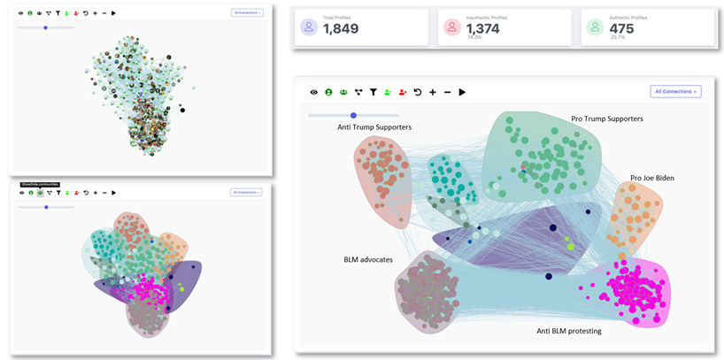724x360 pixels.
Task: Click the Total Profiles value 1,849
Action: [340, 29]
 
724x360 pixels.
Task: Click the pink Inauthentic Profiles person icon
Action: [452, 27]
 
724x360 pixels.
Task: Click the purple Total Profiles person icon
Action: [309, 27]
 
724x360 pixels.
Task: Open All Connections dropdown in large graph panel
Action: [675, 91]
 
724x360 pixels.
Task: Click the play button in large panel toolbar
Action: [462, 92]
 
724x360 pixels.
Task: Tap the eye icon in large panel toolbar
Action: [313, 92]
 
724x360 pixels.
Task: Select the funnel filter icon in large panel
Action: [373, 92]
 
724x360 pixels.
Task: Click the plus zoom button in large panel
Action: [432, 92]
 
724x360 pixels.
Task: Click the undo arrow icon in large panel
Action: [418, 92]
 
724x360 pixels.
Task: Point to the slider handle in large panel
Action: [353, 115]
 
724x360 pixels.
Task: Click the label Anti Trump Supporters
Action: [374, 127]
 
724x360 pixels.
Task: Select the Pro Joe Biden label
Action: [652, 178]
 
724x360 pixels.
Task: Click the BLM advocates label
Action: [368, 260]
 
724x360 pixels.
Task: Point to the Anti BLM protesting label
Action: [569, 331]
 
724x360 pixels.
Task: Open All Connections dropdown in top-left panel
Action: [246, 13]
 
